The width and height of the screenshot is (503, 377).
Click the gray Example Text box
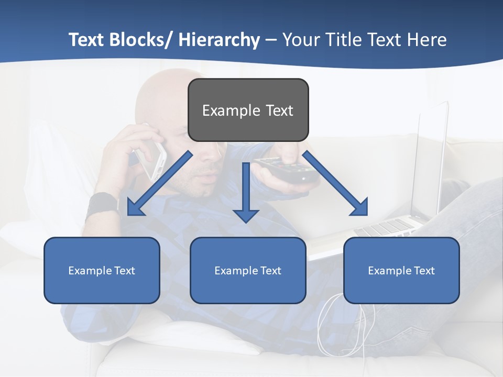248,110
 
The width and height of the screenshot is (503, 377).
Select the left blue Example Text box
102,270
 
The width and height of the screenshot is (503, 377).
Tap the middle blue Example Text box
248,270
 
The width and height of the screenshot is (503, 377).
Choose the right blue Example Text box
401,270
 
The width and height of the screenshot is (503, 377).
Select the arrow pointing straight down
246,192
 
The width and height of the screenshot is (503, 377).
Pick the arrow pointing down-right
335,183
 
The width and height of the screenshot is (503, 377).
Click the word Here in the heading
427,40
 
